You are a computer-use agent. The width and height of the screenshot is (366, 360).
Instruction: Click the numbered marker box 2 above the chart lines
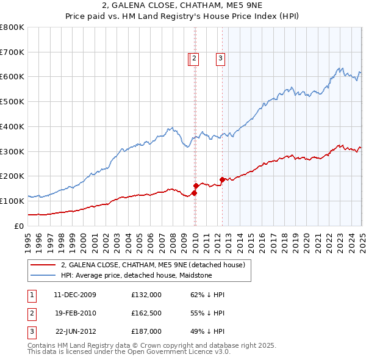click(193, 59)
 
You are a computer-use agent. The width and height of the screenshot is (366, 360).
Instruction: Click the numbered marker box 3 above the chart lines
click(220, 59)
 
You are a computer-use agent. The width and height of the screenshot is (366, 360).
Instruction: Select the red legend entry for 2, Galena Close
click(152, 265)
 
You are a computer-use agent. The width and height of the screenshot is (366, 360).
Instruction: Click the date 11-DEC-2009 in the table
click(74, 295)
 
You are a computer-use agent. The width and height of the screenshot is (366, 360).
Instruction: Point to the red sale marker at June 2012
click(222, 179)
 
